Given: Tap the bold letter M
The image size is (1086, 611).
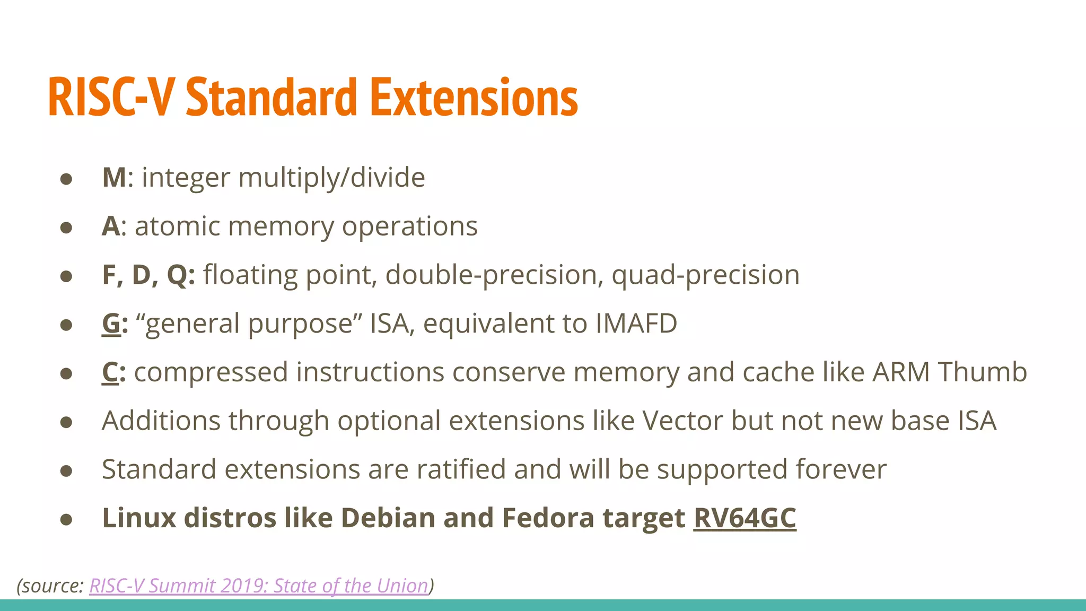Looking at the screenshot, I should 114,177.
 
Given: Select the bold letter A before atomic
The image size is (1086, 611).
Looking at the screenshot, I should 111,226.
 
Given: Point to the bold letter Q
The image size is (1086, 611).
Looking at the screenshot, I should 177,275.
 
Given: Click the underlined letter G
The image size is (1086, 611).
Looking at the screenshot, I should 111,324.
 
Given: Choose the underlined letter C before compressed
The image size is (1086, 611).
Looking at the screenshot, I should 110,372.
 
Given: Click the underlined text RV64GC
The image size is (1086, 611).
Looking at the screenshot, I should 745,518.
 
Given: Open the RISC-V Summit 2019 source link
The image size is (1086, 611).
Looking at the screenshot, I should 259,586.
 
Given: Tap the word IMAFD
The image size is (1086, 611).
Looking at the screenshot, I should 636,324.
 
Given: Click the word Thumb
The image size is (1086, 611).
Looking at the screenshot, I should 983,372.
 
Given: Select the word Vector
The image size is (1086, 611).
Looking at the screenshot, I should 683,421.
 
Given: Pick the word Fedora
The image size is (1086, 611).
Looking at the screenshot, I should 548,518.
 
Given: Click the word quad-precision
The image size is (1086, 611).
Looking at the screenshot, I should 705,275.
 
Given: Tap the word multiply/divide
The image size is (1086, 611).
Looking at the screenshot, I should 331,177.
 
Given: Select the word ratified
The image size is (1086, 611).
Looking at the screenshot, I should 461,469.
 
